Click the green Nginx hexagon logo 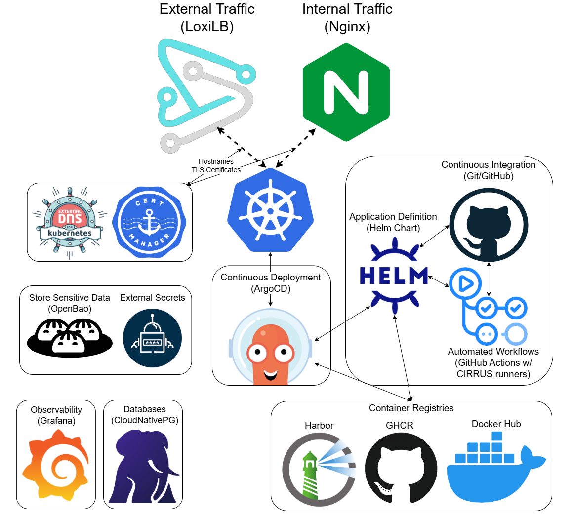346,92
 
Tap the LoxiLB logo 206,96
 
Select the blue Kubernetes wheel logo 270,210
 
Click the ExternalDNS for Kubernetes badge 70,223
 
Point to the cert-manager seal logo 149,222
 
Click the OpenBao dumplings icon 70,337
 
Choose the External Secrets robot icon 152,338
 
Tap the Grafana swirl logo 55,465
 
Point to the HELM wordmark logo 394,276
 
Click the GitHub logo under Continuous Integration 489,225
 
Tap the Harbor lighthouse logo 319,469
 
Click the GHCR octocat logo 401,469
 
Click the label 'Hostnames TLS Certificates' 216,166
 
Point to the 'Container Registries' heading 411,408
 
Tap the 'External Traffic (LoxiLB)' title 207,18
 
